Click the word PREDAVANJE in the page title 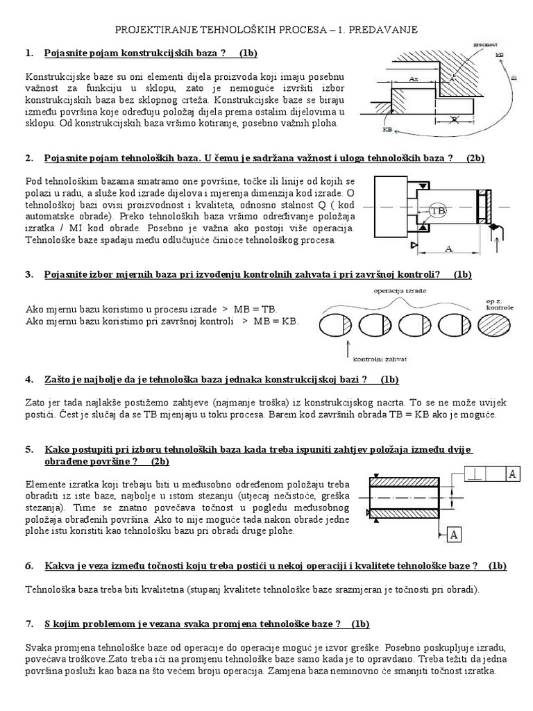pos(387,33)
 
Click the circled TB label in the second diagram pos(437,210)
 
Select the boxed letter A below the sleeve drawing pos(453,534)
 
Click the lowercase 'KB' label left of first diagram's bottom pos(387,128)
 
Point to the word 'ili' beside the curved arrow pos(513,78)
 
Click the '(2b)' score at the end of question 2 pos(475,158)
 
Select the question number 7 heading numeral pos(28,624)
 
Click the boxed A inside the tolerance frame pos(512,474)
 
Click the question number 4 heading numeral pos(28,380)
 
